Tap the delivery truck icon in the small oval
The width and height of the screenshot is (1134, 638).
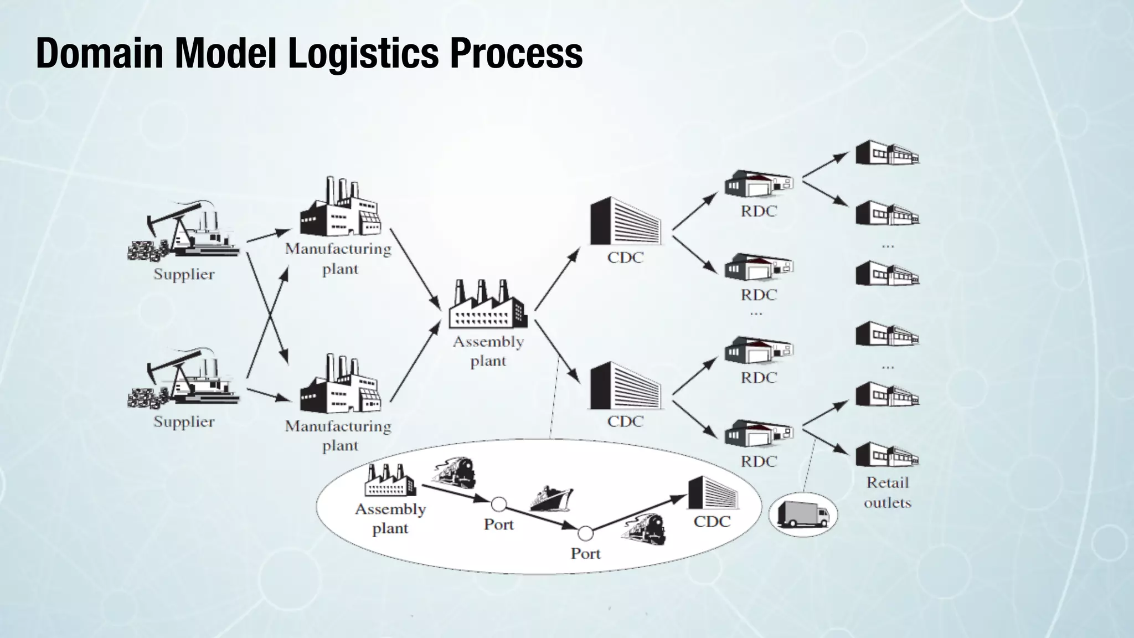[x=803, y=513]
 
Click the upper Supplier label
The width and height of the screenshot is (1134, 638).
[x=184, y=274]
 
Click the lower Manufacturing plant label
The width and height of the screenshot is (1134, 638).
[x=338, y=436]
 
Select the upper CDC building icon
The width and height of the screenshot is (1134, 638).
[x=625, y=221]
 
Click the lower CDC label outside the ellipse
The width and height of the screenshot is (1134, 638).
[x=625, y=421]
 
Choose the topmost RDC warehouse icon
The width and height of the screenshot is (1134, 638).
[x=759, y=184]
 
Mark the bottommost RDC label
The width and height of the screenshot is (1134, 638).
[x=759, y=461]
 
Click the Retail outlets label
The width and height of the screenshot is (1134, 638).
[x=888, y=492]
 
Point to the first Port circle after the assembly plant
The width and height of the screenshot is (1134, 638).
[x=499, y=505]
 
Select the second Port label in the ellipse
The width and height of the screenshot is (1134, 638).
[x=585, y=553]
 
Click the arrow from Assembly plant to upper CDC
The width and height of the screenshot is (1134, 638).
[x=557, y=279]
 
